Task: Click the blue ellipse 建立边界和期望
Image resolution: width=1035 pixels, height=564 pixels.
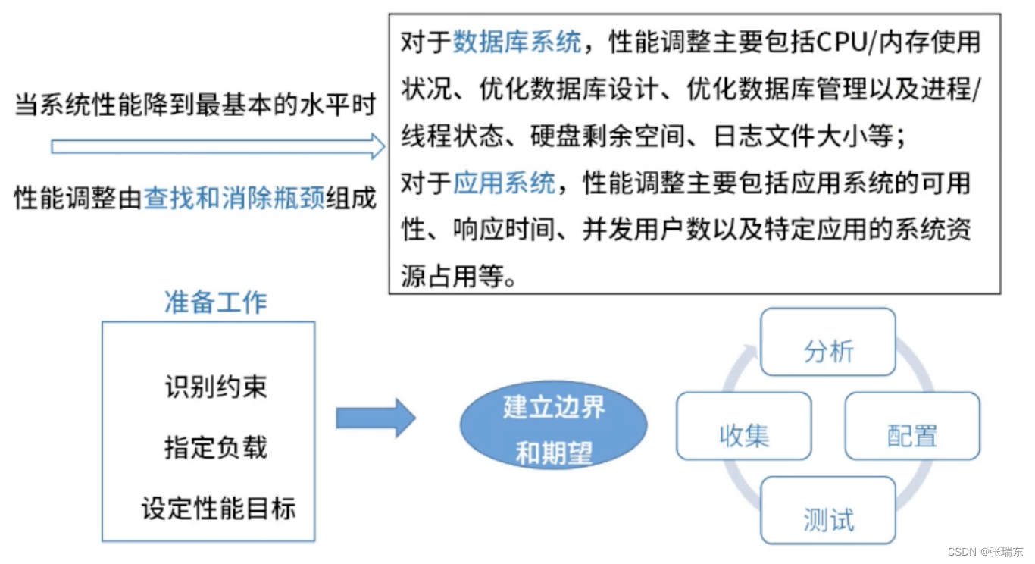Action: (x=554, y=429)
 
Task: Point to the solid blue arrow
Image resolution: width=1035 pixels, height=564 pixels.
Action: (x=375, y=418)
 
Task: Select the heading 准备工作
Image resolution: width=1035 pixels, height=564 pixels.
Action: (x=216, y=302)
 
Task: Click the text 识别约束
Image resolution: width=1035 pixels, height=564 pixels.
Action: (x=216, y=387)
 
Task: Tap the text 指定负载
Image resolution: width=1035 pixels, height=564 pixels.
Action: (x=216, y=447)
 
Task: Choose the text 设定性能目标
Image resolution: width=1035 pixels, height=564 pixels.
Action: (x=218, y=508)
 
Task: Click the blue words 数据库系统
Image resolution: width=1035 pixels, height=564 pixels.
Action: (x=517, y=42)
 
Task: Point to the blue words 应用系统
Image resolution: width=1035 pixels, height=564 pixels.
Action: (x=504, y=183)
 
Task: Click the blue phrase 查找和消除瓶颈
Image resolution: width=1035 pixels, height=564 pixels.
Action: (x=234, y=199)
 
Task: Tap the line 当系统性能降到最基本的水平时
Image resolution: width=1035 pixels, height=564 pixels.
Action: (x=195, y=105)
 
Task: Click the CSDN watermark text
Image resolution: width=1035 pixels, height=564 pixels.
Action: (x=985, y=552)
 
